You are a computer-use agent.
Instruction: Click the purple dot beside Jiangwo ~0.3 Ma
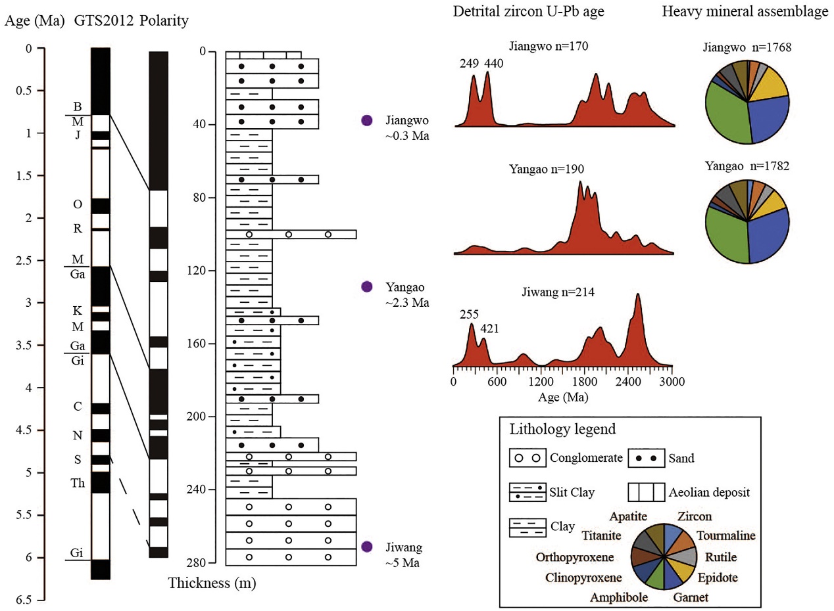click(367, 120)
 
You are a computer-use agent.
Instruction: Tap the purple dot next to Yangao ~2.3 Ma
click(367, 286)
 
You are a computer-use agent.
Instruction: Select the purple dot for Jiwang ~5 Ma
click(367, 547)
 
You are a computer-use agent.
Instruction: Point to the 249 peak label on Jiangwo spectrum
click(471, 63)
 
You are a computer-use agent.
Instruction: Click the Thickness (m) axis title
click(212, 583)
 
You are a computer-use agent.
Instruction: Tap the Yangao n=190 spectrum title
click(547, 169)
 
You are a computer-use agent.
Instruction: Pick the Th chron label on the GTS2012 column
click(77, 483)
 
